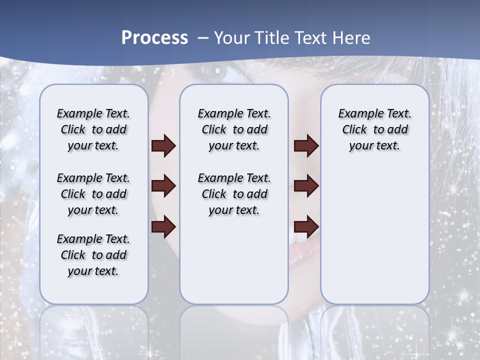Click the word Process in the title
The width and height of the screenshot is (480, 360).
154,38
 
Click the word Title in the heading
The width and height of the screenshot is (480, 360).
273,38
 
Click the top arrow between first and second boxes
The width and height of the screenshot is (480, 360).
163,146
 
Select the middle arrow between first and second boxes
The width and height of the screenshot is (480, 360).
163,186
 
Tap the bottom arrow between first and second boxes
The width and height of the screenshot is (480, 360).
163,226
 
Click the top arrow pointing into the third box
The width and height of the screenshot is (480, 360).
306,146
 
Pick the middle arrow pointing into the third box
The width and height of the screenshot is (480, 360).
306,186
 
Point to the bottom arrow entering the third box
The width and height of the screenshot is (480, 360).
306,226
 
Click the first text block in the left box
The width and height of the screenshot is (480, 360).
93,129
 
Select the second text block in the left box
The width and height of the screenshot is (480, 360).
93,194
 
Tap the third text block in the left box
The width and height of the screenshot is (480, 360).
93,255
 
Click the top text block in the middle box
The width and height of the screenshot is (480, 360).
234,129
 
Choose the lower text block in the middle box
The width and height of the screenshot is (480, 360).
234,194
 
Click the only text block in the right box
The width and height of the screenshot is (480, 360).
374,129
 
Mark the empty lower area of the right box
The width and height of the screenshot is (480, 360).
374,235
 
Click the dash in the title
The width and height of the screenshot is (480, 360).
203,38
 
